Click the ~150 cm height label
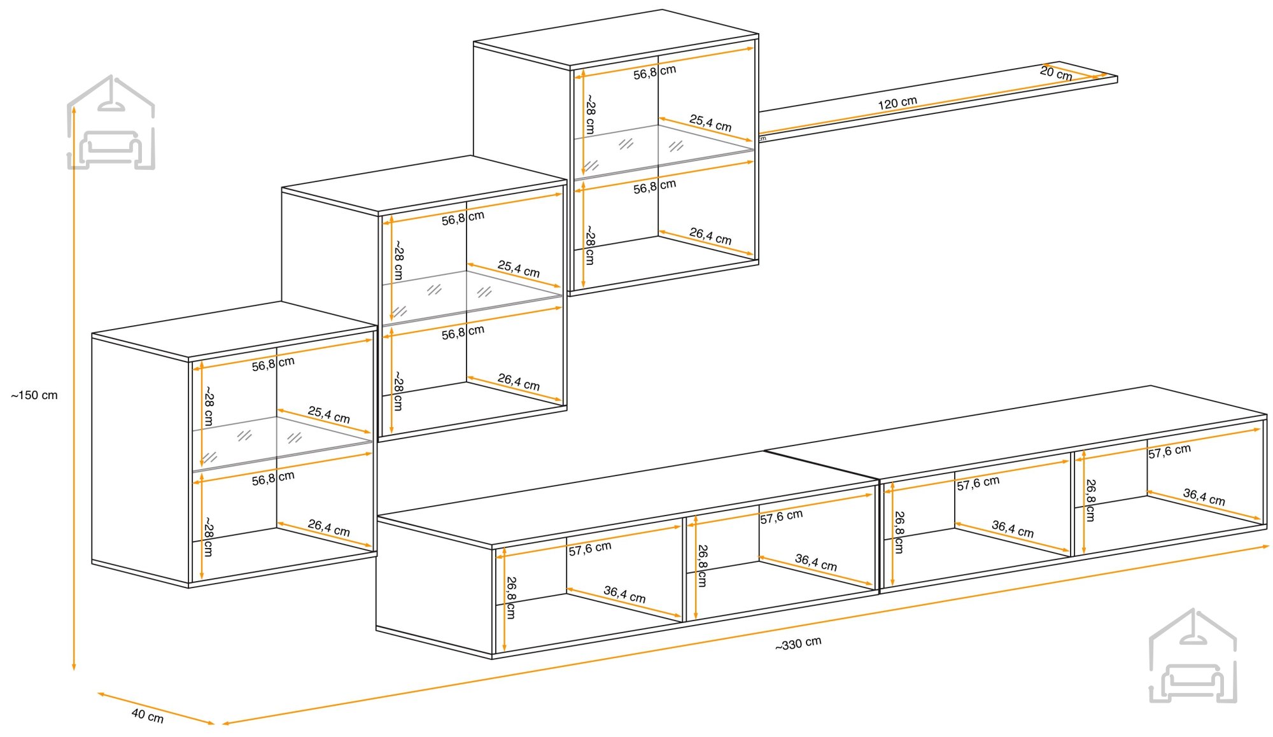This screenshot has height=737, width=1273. (x=34, y=395)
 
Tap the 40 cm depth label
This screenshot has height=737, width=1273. (x=148, y=716)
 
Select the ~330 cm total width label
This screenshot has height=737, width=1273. (x=798, y=643)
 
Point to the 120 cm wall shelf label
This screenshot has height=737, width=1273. (x=897, y=103)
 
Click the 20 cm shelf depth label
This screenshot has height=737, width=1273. (x=1056, y=73)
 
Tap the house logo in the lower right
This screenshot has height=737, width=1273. (x=1193, y=656)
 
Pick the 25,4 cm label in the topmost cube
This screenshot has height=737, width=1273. (x=710, y=123)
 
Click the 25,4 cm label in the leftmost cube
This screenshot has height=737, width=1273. (x=329, y=415)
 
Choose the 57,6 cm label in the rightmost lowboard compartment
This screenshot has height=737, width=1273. (x=1169, y=451)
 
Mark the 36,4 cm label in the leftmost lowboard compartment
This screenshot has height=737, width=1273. (x=624, y=594)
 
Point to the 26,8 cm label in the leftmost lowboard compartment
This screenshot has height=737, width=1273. (x=511, y=598)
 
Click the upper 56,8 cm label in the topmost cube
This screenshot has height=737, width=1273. (x=654, y=72)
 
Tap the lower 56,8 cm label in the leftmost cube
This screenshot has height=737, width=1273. (x=273, y=478)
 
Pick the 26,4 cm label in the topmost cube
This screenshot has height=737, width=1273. (x=710, y=236)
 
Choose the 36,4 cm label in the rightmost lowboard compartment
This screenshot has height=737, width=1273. (x=1204, y=496)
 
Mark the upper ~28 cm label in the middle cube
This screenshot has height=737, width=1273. (x=398, y=260)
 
